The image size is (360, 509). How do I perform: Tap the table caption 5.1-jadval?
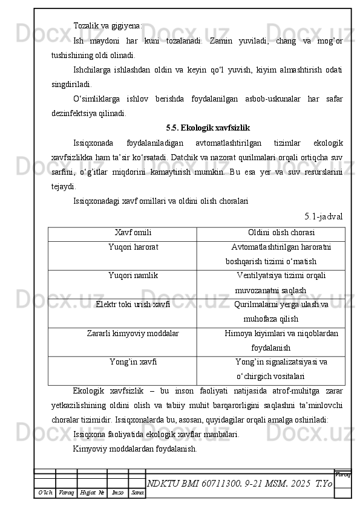pyautogui.click(x=324, y=216)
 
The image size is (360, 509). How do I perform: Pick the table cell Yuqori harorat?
pyautogui.click(x=133, y=247)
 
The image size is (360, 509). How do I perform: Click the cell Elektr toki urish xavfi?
pyautogui.click(x=133, y=304)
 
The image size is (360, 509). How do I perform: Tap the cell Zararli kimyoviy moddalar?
pyautogui.click(x=133, y=333)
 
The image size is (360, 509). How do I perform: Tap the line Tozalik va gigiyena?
pyautogui.click(x=108, y=26)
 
